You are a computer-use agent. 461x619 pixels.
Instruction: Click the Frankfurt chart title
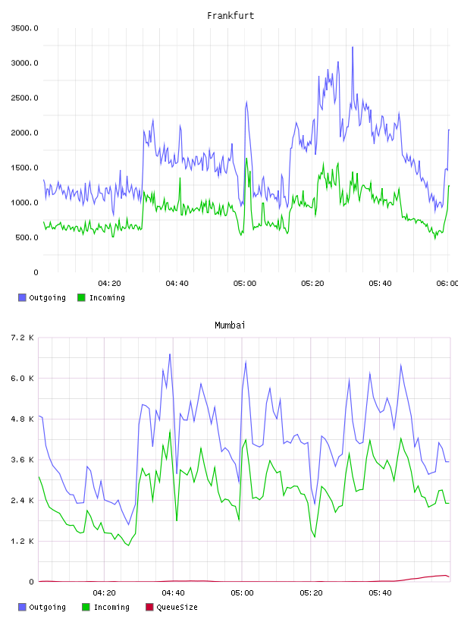230,16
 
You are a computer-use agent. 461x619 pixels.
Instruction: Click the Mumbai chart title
230,325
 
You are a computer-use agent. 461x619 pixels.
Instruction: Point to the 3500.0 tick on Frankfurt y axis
24,28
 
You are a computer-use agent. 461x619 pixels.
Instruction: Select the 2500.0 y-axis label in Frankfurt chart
24,98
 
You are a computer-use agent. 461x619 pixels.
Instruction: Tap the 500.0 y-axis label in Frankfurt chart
27,237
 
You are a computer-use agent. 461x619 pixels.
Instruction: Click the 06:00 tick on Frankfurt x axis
447,284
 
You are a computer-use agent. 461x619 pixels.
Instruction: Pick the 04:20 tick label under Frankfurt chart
109,284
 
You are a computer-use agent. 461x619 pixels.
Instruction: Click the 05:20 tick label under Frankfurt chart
312,284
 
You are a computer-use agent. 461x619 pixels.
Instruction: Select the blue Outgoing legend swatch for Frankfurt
22,297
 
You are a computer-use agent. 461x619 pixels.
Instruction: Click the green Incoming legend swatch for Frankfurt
81,297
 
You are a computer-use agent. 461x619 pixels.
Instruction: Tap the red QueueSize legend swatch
149,607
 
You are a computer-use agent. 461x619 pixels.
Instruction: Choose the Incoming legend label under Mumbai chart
111,607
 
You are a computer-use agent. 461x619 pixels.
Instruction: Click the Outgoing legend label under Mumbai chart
47,607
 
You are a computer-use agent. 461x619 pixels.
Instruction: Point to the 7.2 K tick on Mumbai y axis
22,338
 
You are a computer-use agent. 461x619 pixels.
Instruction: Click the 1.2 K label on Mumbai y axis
22,541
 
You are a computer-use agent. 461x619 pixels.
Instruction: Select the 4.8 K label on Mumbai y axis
22,419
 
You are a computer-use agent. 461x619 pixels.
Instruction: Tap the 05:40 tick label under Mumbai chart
380,593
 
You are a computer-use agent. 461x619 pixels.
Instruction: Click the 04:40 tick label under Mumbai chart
174,593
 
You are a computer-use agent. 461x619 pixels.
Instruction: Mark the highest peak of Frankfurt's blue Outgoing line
353,47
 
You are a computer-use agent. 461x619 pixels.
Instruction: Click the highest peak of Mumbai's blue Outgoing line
170,354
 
